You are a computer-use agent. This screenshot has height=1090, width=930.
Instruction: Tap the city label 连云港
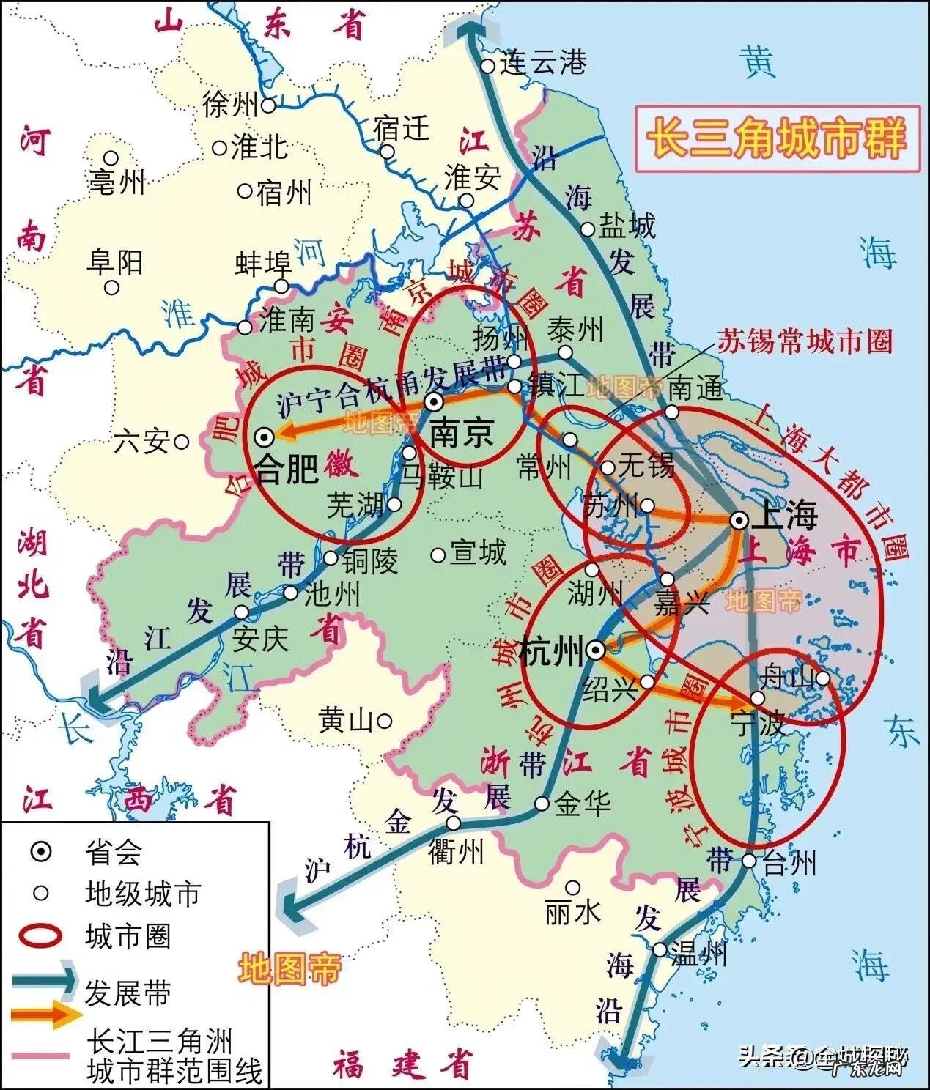pyautogui.click(x=543, y=64)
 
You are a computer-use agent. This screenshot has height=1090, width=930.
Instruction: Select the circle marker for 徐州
pyautogui.click(x=269, y=105)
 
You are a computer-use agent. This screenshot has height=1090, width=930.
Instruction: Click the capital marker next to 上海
pyautogui.click(x=739, y=520)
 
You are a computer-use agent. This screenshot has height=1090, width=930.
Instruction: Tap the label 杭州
pyautogui.click(x=550, y=652)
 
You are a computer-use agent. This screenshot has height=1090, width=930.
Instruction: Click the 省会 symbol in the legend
pyautogui.click(x=42, y=852)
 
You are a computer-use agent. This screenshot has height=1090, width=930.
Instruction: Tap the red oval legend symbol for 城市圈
pyautogui.click(x=43, y=936)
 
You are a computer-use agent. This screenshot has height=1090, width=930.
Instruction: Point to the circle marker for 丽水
pyautogui.click(x=573, y=888)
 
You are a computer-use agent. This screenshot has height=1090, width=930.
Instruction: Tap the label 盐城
pyautogui.click(x=627, y=226)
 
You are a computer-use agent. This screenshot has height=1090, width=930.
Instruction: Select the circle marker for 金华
pyautogui.click(x=542, y=804)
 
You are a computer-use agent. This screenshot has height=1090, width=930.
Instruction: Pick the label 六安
pyautogui.click(x=142, y=442)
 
